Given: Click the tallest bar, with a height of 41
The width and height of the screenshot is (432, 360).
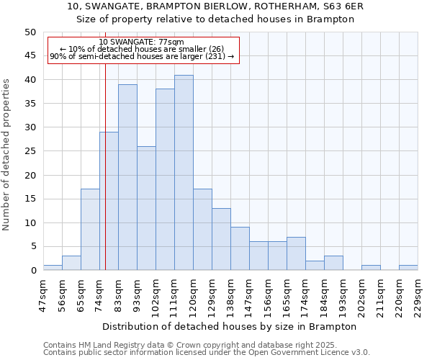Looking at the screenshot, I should (184, 173).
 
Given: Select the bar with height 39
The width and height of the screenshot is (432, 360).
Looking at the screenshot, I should (127, 177).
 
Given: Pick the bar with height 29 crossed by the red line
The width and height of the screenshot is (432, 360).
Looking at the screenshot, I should (109, 201).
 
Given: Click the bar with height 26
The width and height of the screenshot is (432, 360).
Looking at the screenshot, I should (146, 208).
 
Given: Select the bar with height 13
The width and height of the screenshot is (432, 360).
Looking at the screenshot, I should (221, 239).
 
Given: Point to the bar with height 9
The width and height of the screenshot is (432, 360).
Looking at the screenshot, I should (240, 248).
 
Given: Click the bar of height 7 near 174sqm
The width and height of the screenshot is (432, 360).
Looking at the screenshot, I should (296, 253).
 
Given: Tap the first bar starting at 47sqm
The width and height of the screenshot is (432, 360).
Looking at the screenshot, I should (53, 268).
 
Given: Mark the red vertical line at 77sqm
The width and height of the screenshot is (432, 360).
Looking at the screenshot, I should (105, 180).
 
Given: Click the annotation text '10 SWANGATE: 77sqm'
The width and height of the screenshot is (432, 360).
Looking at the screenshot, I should (142, 42).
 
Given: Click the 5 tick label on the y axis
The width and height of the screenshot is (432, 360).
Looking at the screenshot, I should (33, 246).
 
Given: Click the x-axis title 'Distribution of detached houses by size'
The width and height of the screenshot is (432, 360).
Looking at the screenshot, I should (229, 326).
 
